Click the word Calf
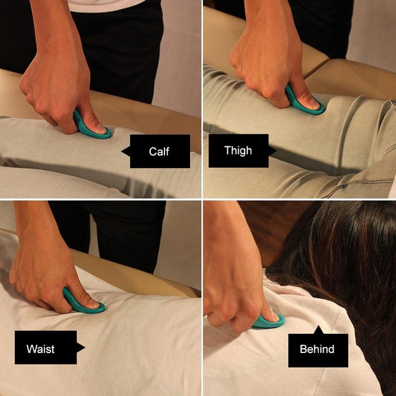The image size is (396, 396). (159, 151)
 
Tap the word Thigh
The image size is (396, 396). (238, 150)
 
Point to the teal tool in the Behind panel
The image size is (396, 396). (266, 321)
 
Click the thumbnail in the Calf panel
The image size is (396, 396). (98, 129)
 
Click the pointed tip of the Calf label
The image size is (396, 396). (123, 151)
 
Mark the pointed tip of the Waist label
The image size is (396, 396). (84, 347)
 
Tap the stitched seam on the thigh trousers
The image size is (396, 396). (351, 170)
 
